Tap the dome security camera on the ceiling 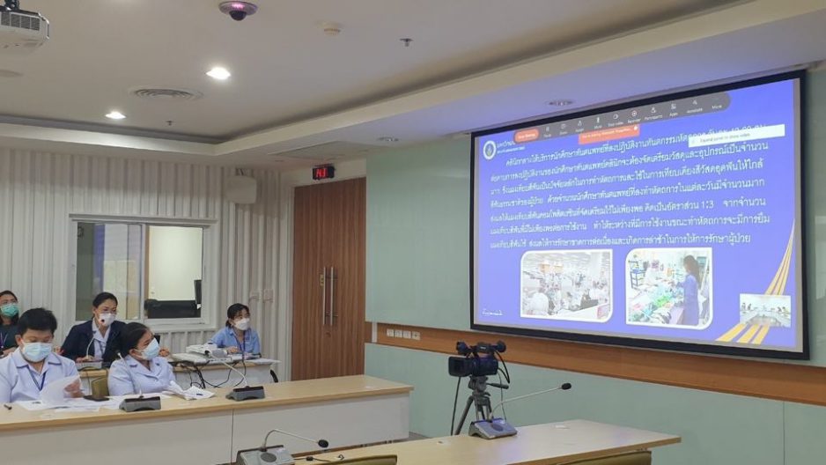click(238, 10)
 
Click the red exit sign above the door click(323, 172)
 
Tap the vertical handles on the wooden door click(328, 296)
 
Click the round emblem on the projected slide click(490, 150)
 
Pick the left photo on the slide click(565, 284)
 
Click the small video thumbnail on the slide click(764, 310)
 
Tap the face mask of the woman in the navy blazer click(107, 319)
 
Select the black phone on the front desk click(96, 398)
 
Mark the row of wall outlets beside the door click(402, 334)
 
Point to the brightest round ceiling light click(218, 73)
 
